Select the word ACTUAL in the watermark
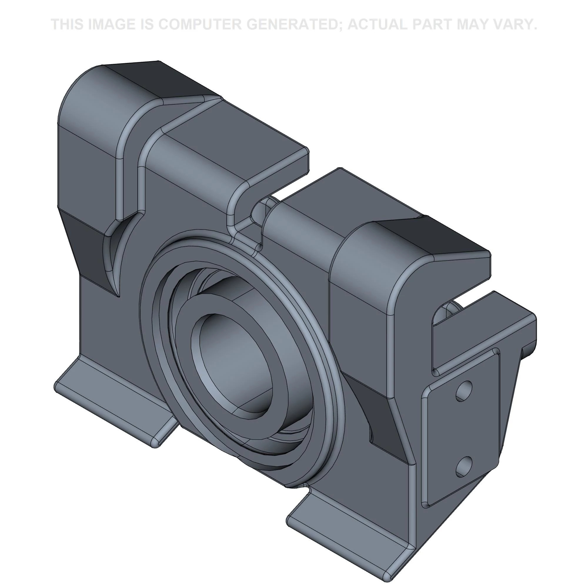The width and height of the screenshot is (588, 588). point(377,24)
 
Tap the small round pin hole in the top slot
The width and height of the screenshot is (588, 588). point(259,210)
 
